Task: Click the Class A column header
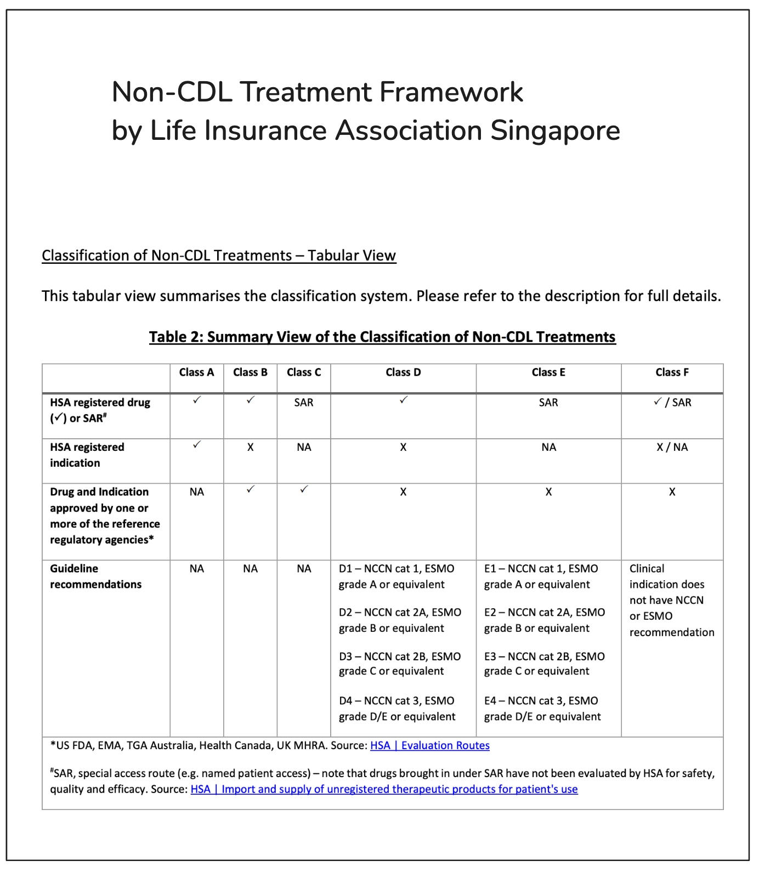tap(196, 372)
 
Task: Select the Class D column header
tap(403, 372)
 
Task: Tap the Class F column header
tap(672, 372)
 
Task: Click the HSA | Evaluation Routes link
tap(430, 745)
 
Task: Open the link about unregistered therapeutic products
tap(384, 789)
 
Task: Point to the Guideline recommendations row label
tap(96, 576)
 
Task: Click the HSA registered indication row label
tap(87, 455)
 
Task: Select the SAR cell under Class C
tap(304, 403)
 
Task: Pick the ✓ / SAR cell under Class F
tap(672, 403)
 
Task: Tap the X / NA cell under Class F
tap(672, 447)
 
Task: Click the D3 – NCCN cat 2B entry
tap(400, 664)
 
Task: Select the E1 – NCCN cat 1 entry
tap(541, 576)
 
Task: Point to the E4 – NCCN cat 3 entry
tap(542, 709)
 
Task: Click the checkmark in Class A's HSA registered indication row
tap(197, 445)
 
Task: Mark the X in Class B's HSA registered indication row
tap(250, 447)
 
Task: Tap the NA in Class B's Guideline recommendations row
tap(250, 569)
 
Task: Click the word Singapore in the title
tap(555, 131)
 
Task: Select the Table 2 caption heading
tap(382, 337)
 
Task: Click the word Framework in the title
tap(451, 92)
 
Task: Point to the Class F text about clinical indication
tap(671, 600)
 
